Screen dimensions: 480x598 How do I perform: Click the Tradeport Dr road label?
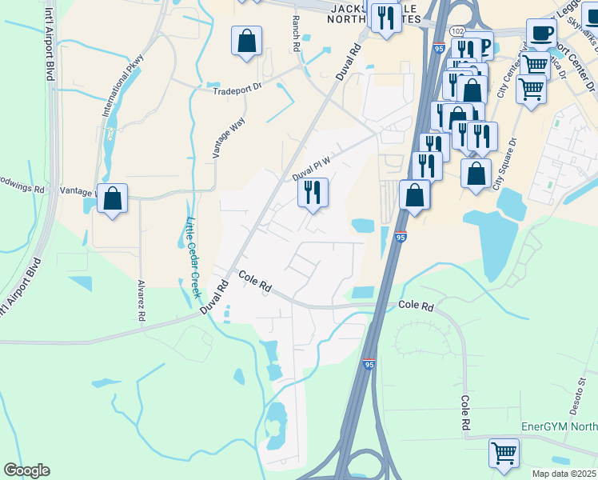237,90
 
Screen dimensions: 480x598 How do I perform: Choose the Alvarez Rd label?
141,301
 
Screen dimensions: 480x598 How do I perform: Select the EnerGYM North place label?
559,427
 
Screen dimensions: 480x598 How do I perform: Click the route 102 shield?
456,30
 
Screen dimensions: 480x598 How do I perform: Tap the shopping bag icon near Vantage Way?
113,198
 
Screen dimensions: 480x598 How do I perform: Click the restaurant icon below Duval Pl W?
312,192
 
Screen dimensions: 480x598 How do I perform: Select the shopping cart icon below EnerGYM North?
504,453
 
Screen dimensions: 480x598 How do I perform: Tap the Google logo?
26,470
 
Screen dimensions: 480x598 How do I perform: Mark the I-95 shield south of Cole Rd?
369,363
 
